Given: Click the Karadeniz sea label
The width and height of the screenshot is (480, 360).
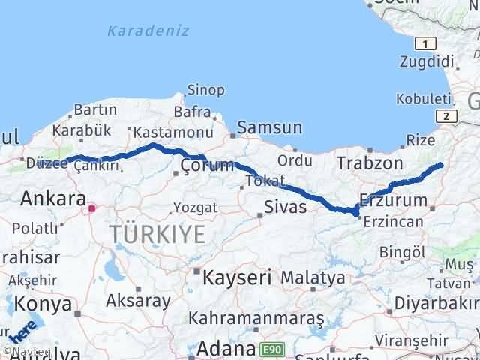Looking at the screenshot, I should [x=148, y=31].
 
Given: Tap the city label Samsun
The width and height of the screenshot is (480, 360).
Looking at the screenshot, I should [x=270, y=127].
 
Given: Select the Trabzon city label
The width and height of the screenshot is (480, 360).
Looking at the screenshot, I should [x=370, y=163].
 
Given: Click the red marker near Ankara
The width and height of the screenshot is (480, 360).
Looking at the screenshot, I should [x=92, y=208].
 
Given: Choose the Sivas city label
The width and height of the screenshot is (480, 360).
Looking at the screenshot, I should [x=286, y=206].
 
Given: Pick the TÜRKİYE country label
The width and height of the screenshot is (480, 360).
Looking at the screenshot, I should [x=157, y=234].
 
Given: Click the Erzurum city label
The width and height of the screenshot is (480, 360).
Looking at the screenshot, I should [x=394, y=199].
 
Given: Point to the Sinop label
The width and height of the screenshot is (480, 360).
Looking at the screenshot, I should [x=205, y=90].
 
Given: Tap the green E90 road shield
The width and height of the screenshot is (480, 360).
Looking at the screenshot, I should [x=272, y=349].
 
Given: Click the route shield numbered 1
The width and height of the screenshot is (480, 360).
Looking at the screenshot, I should [x=425, y=43].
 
